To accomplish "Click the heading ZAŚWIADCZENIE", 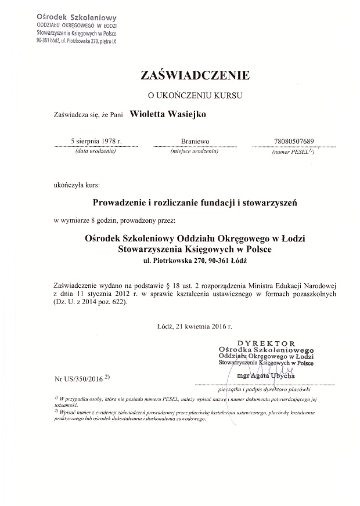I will (x=195, y=75).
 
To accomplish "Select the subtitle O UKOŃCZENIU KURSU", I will (x=195, y=94).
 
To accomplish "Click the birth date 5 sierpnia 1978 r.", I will (x=96, y=141).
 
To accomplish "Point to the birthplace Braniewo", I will (x=194, y=141).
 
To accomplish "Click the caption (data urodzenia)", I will (x=96, y=151).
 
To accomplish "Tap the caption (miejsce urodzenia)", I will (x=194, y=151).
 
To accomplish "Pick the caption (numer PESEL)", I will (x=293, y=151).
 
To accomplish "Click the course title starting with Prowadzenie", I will (x=195, y=203).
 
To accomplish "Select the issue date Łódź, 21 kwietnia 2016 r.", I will (x=195, y=326).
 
